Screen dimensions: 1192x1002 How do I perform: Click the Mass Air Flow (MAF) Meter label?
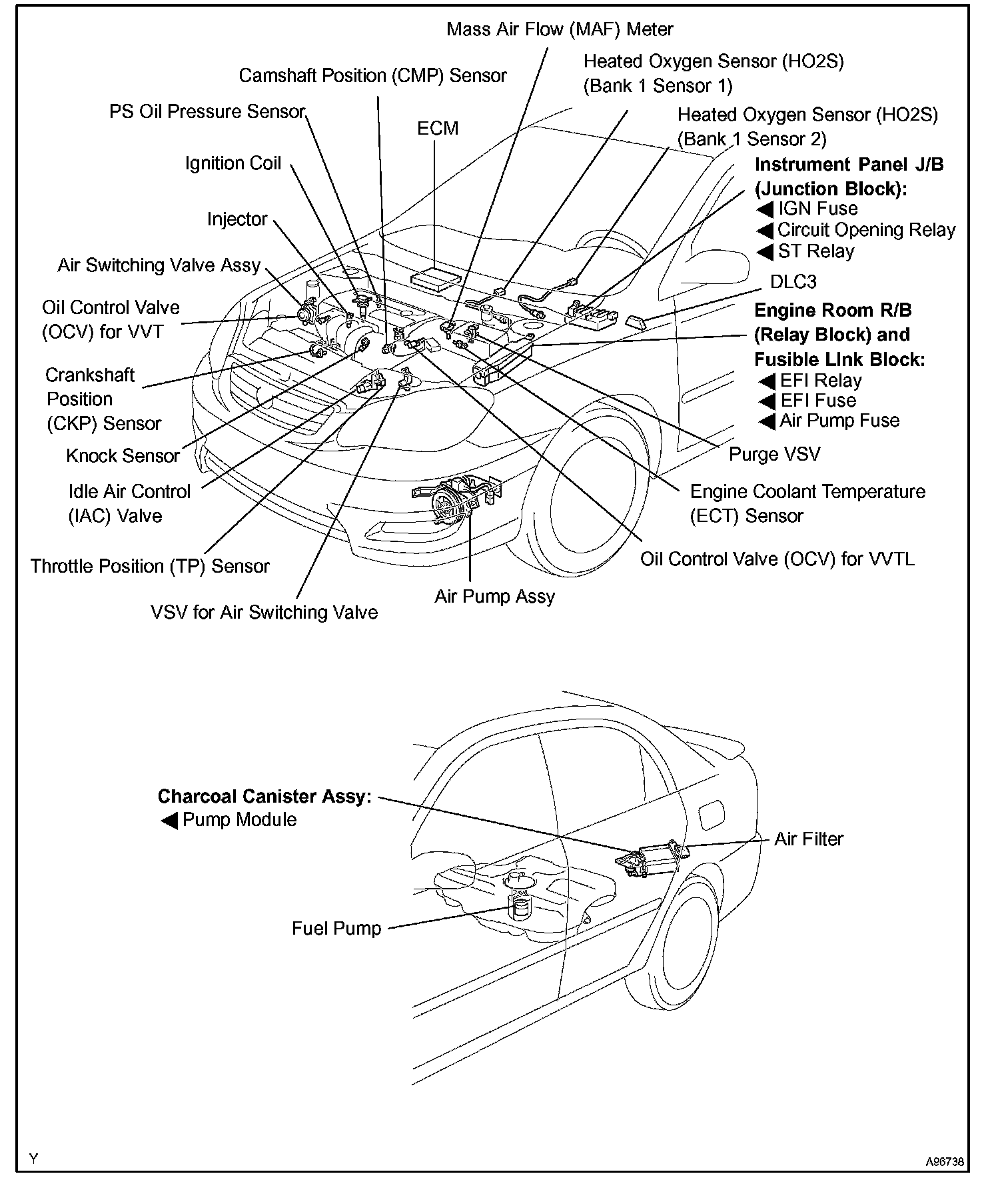point(560,29)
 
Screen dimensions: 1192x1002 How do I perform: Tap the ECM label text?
point(438,128)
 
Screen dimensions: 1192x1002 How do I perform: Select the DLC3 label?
point(793,281)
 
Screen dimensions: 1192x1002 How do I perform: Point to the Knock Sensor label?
point(123,456)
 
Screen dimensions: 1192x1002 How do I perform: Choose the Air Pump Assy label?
point(494,596)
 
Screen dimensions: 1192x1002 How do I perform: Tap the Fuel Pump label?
point(336,929)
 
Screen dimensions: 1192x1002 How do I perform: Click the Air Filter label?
point(808,839)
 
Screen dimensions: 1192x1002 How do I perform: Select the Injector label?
point(237,219)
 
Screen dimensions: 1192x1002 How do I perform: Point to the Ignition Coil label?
point(233,163)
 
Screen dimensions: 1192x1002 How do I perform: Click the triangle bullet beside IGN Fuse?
point(765,209)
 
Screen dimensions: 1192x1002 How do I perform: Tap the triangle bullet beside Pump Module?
point(169,821)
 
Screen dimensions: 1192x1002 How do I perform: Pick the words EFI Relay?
point(821,381)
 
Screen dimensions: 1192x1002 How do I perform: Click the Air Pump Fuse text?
point(839,421)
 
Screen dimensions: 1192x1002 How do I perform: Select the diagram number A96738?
point(944,1162)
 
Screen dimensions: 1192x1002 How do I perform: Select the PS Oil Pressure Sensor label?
point(207,111)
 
